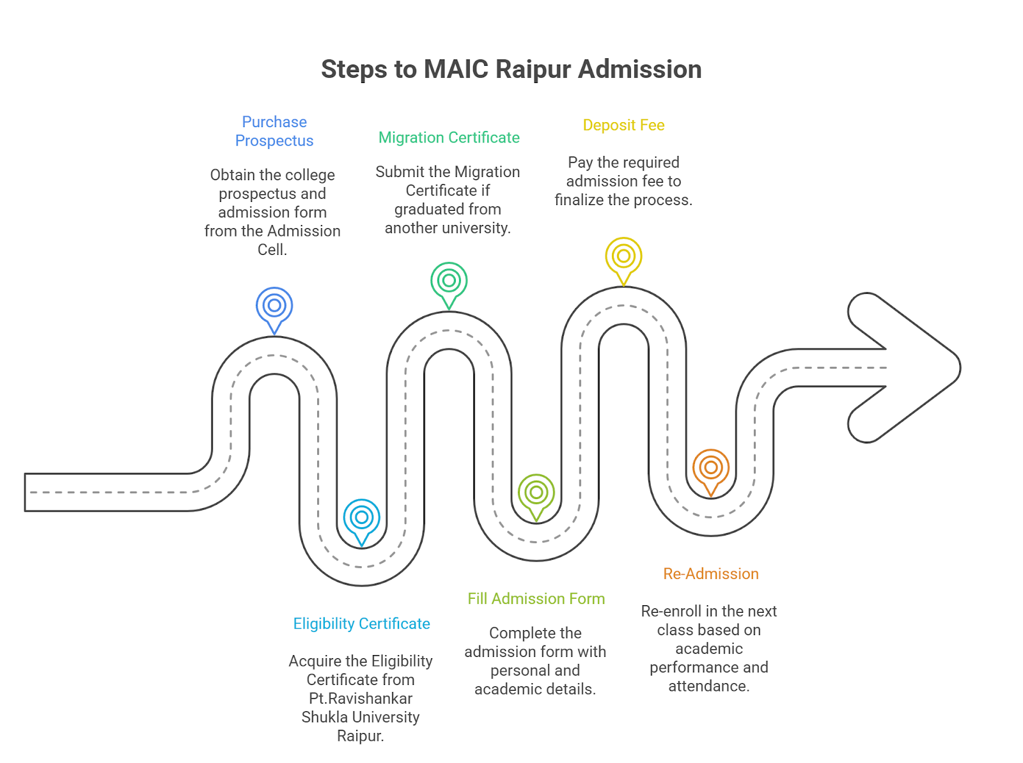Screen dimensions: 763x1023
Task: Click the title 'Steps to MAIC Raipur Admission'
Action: coord(511,69)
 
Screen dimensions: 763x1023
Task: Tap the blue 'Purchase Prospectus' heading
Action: coord(274,131)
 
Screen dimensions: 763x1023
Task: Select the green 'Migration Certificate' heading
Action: coord(449,137)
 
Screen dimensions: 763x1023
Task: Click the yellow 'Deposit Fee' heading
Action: coord(623,125)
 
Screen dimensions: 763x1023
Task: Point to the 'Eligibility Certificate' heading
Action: coord(361,624)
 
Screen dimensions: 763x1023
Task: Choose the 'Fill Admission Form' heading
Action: coord(536,599)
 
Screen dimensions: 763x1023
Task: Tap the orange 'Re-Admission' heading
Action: coord(710,574)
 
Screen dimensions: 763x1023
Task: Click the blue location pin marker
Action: coord(274,307)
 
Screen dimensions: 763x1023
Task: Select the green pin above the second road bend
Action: coord(449,282)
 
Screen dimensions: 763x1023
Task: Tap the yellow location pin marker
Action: coord(623,257)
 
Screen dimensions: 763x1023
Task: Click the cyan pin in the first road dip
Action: coord(362,518)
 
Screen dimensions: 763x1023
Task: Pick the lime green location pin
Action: coord(536,493)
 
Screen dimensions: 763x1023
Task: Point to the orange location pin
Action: coord(710,468)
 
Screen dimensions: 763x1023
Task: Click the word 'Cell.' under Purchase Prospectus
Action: coord(272,250)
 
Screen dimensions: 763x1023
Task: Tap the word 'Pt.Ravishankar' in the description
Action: coord(361,698)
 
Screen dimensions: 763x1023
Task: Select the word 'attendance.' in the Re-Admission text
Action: coord(709,686)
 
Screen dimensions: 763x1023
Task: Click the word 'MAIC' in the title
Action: coord(456,69)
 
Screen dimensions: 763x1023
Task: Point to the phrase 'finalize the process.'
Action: coord(623,200)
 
